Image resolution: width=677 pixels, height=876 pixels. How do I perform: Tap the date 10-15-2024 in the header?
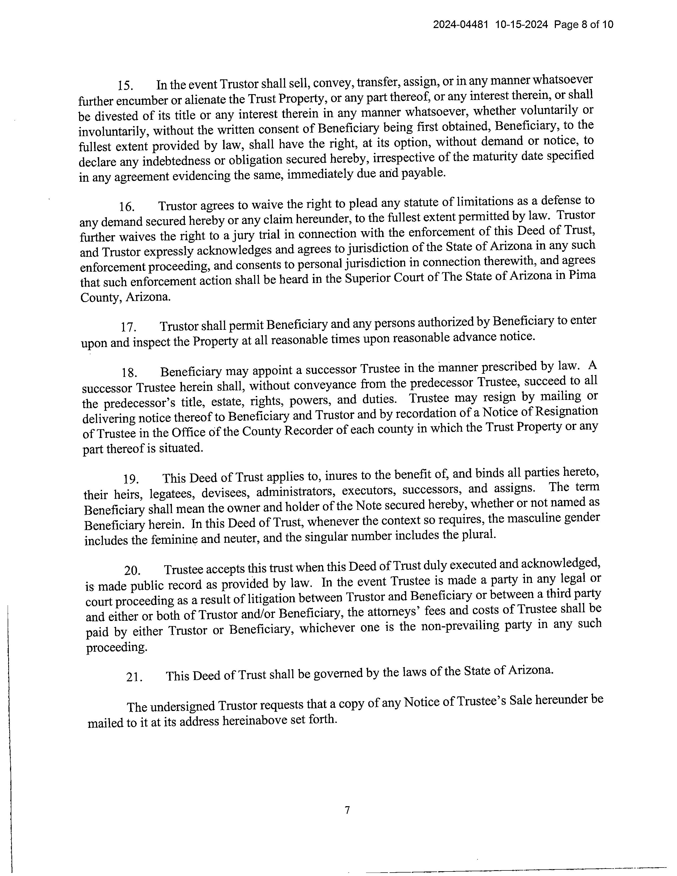click(522, 25)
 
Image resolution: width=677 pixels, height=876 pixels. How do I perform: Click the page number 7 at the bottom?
click(347, 810)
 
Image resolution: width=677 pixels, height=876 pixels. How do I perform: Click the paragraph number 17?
click(128, 327)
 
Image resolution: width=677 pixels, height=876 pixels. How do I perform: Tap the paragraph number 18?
click(130, 373)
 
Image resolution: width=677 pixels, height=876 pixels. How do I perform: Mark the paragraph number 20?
click(132, 570)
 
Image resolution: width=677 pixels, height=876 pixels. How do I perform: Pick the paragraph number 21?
click(134, 677)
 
